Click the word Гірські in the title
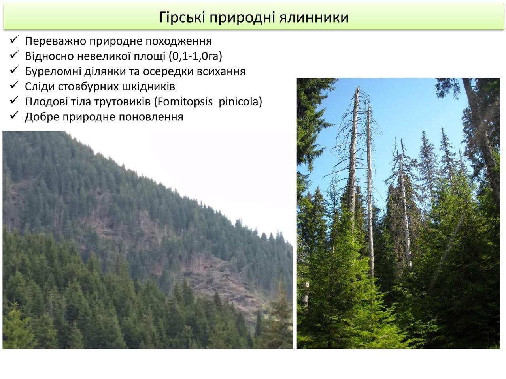click(x=182, y=17)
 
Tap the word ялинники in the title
click(x=314, y=17)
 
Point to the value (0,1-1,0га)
click(x=196, y=56)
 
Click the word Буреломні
click(x=52, y=71)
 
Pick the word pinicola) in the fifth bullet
click(x=240, y=102)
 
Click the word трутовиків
click(x=123, y=102)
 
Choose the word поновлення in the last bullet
click(x=151, y=117)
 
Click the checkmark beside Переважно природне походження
click(x=14, y=40)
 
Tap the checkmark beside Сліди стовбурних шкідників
click(x=14, y=85)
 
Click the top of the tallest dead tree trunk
click(x=358, y=87)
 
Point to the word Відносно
click(x=49, y=56)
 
